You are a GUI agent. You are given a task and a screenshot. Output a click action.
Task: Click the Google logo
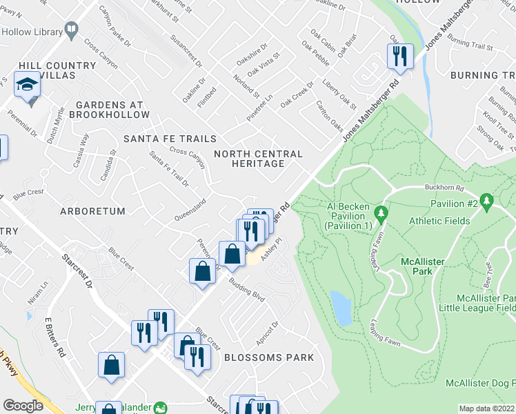coord(23,406)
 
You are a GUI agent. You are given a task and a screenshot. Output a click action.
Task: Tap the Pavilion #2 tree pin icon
coord(488,201)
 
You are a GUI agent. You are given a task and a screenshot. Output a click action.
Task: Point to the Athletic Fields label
coord(439,221)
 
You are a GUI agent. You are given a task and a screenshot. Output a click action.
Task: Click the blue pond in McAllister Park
coord(340,308)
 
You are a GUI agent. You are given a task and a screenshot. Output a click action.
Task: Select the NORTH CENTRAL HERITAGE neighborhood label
coord(259,159)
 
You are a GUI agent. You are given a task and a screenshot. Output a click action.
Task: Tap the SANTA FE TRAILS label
coord(170,139)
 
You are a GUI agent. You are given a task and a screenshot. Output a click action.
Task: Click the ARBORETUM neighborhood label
coord(92,211)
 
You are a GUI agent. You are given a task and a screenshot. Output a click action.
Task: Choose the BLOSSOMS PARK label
coord(268,357)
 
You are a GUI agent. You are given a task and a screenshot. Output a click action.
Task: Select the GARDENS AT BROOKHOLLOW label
coord(110,109)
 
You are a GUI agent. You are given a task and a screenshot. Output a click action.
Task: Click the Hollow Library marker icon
coord(70,30)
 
